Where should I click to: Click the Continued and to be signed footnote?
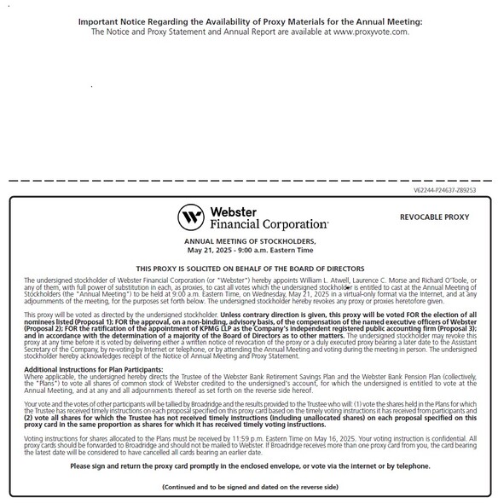250,486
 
